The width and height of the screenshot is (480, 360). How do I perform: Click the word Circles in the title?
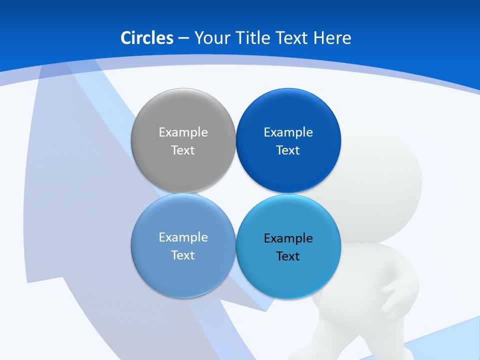(x=147, y=38)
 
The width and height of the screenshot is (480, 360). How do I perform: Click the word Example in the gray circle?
(x=183, y=132)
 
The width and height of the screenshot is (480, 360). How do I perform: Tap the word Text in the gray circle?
(x=183, y=150)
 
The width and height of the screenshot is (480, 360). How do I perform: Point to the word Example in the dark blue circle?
(x=288, y=132)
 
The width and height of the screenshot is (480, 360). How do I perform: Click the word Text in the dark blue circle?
(x=288, y=150)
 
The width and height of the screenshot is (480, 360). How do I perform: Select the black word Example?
(x=288, y=238)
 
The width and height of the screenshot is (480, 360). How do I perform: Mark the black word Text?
(x=288, y=256)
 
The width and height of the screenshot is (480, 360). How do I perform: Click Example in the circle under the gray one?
(x=183, y=237)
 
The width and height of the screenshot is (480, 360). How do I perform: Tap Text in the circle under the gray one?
(x=183, y=255)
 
